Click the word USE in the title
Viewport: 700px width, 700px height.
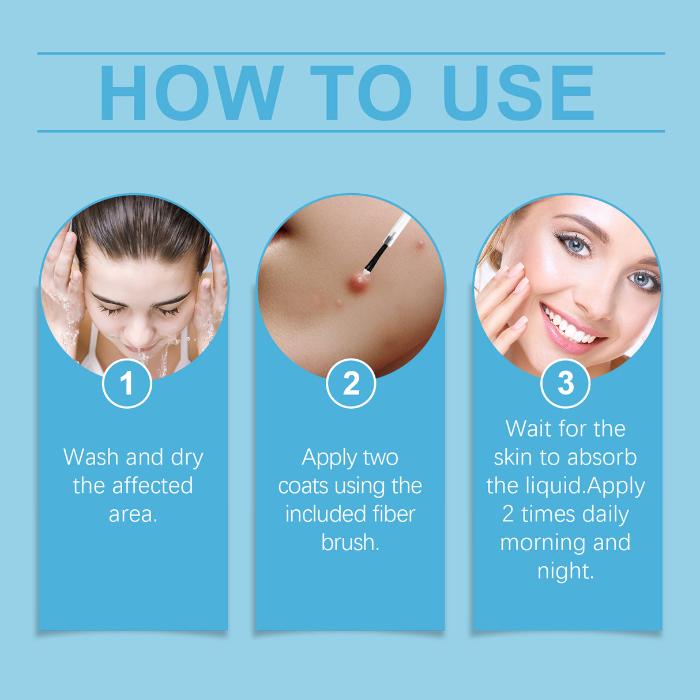pyautogui.click(x=518, y=93)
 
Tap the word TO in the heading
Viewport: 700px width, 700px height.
pyautogui.click(x=361, y=93)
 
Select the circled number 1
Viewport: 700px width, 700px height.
pyautogui.click(x=127, y=383)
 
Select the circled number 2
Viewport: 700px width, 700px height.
pyautogui.click(x=351, y=383)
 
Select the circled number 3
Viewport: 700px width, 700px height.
pyautogui.click(x=565, y=383)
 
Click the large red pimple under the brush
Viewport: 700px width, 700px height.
pyautogui.click(x=358, y=281)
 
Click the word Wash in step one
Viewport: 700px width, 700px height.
pyautogui.click(x=91, y=457)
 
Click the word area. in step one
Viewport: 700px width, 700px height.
pyautogui.click(x=133, y=514)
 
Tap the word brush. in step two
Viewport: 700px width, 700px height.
pyautogui.click(x=350, y=542)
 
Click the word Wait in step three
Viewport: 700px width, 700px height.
pyautogui.click(x=528, y=429)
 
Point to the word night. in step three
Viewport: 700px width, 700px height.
pyautogui.click(x=565, y=571)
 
